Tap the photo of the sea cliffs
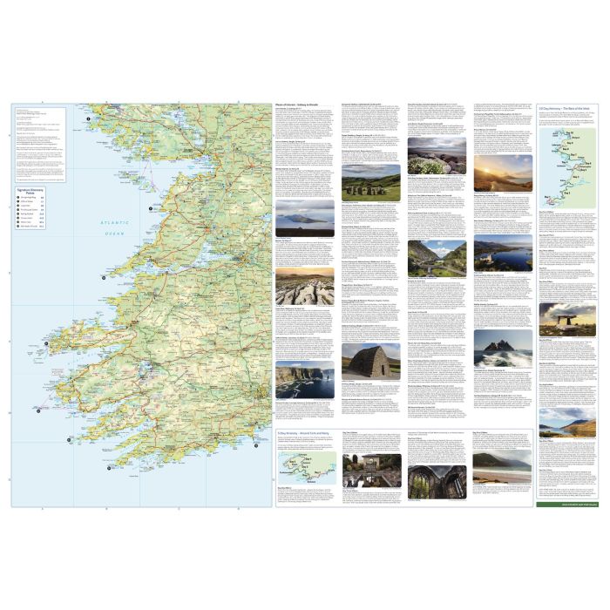tap(304, 381)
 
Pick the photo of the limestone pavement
tap(304, 287)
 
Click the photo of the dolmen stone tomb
tap(566, 321)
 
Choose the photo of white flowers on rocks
tap(437, 157)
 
